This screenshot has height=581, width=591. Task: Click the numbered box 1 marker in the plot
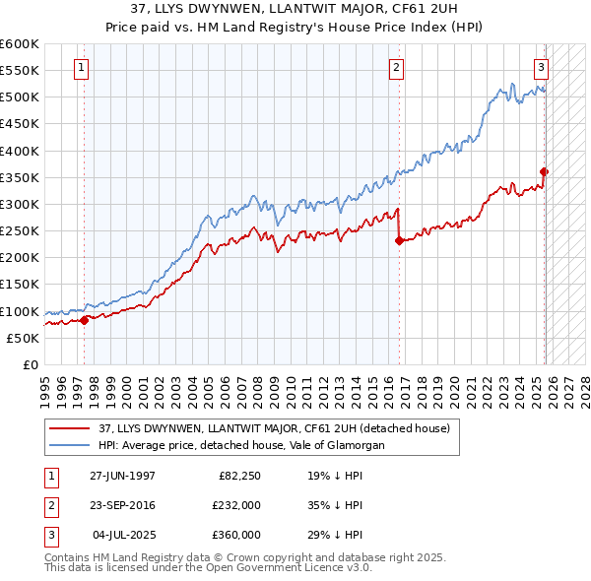coord(81,68)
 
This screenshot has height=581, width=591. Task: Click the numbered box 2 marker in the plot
coord(395,68)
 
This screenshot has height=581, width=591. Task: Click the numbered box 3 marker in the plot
coord(542,68)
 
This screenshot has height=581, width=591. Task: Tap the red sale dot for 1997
coord(85,319)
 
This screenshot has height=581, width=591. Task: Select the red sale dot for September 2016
coord(399,239)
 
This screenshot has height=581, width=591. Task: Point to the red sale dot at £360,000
coord(545,171)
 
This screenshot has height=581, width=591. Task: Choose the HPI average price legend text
coord(240,445)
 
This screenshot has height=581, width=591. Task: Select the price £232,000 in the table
coord(236,505)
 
